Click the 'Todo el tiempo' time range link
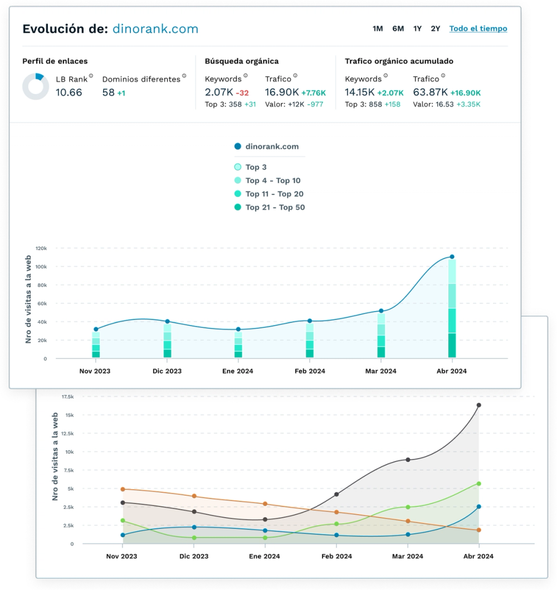pyautogui.click(x=478, y=28)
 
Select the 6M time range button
pyautogui.click(x=398, y=28)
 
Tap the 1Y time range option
pyautogui.click(x=417, y=28)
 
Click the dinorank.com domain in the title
pyautogui.click(x=155, y=29)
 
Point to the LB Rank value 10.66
pyautogui.click(x=69, y=93)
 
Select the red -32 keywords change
pyautogui.click(x=242, y=93)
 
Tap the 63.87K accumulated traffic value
pyautogui.click(x=429, y=93)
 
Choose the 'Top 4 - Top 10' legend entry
pyautogui.click(x=272, y=180)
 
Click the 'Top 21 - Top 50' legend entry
pyautogui.click(x=275, y=207)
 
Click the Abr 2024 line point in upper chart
pyautogui.click(x=452, y=257)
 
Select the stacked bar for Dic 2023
pyautogui.click(x=167, y=340)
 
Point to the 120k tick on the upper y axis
pyautogui.click(x=41, y=248)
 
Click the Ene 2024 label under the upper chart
pyautogui.click(x=238, y=371)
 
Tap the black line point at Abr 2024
pyautogui.click(x=478, y=405)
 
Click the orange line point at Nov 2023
pyautogui.click(x=123, y=489)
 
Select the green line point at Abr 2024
pyautogui.click(x=478, y=484)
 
